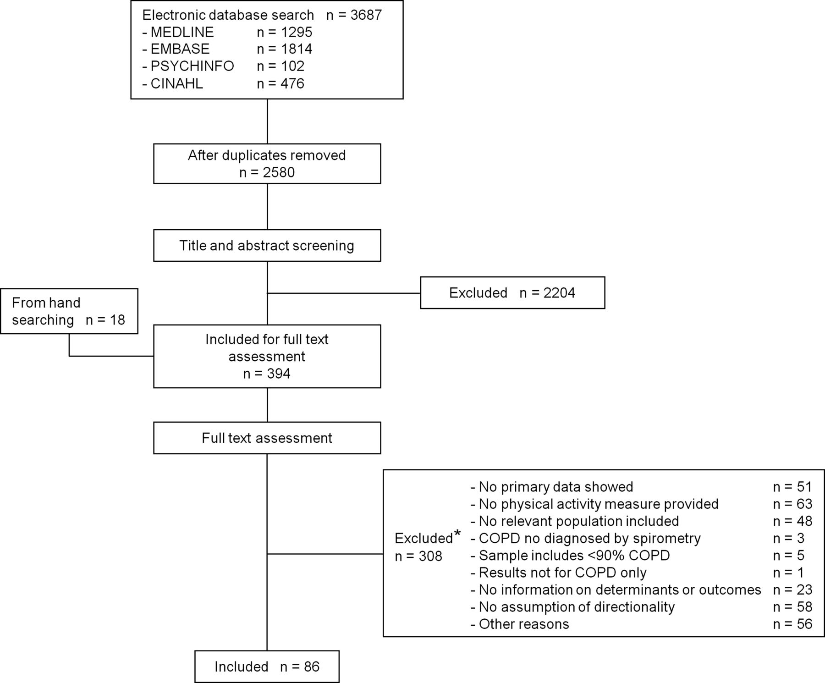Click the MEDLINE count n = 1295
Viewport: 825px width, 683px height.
click(285, 32)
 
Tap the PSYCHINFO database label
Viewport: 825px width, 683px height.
click(192, 66)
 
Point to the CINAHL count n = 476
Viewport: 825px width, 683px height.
click(280, 83)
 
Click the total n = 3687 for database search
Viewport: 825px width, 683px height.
click(354, 15)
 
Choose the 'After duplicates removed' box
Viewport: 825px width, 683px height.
click(267, 164)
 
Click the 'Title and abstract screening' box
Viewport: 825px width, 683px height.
click(267, 246)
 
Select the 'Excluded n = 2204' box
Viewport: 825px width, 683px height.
click(512, 293)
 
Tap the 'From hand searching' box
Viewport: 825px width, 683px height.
click(69, 311)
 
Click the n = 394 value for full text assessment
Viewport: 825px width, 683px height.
click(267, 374)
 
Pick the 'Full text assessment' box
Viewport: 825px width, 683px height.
click(267, 438)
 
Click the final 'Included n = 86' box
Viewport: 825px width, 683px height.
click(267, 666)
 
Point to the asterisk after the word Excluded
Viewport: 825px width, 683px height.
click(457, 534)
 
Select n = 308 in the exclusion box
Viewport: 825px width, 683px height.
click(418, 556)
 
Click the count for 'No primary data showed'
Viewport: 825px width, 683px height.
click(792, 487)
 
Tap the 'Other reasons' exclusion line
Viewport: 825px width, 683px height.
click(520, 624)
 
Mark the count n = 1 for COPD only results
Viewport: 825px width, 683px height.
click(788, 573)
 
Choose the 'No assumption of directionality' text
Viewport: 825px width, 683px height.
click(572, 607)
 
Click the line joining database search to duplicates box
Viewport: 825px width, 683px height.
click(267, 121)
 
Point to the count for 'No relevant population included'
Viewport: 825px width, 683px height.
click(792, 521)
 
